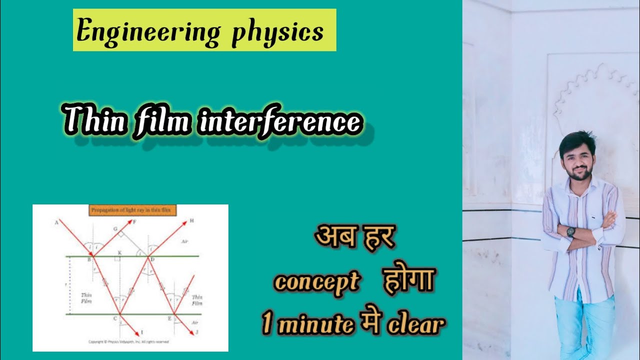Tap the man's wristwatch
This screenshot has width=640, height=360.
[x=570, y=231]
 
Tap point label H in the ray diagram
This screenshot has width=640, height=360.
[x=191, y=220]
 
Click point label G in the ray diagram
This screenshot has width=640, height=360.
[x=114, y=228]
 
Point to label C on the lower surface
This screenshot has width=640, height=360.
[x=114, y=318]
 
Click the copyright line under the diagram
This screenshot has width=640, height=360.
[x=128, y=342]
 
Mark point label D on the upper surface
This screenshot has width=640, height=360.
[x=152, y=259]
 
